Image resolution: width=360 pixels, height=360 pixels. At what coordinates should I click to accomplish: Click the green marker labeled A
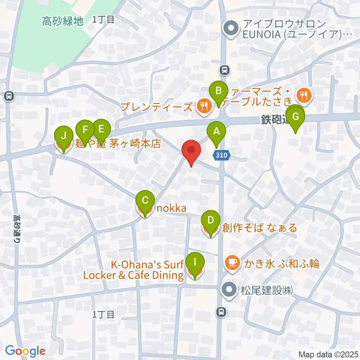pyautogui.click(x=216, y=132)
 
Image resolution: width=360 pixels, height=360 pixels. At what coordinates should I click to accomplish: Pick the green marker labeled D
pyautogui.click(x=211, y=220)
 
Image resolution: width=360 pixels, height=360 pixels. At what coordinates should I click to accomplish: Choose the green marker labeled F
pyautogui.click(x=85, y=130)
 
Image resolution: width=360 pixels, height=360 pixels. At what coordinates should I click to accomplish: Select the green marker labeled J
pyautogui.click(x=64, y=135)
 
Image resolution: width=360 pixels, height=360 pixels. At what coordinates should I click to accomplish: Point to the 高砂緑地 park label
pyautogui.click(x=62, y=21)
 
